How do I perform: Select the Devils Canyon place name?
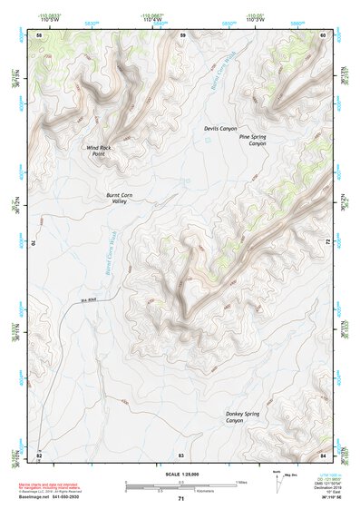(220, 129)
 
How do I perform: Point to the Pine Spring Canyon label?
(253, 140)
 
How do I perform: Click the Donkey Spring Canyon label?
(242, 417)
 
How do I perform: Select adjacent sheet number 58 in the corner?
(39, 34)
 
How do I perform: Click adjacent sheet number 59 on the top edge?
(181, 34)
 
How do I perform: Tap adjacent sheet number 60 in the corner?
(323, 34)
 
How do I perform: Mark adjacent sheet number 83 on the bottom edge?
(181, 453)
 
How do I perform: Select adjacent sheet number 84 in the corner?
(323, 453)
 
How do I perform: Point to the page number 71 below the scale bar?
(180, 499)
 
